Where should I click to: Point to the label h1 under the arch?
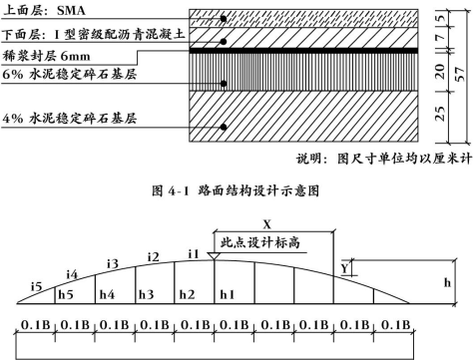[x=229, y=294]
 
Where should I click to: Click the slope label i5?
[x=36, y=287]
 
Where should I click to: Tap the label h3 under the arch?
[x=147, y=294]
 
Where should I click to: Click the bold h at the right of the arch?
[x=448, y=281]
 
